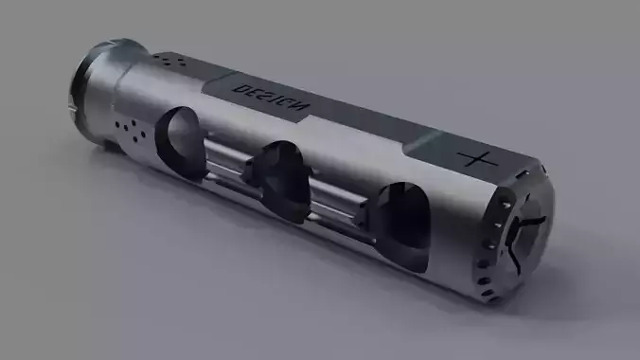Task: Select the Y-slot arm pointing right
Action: tap(539, 218)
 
